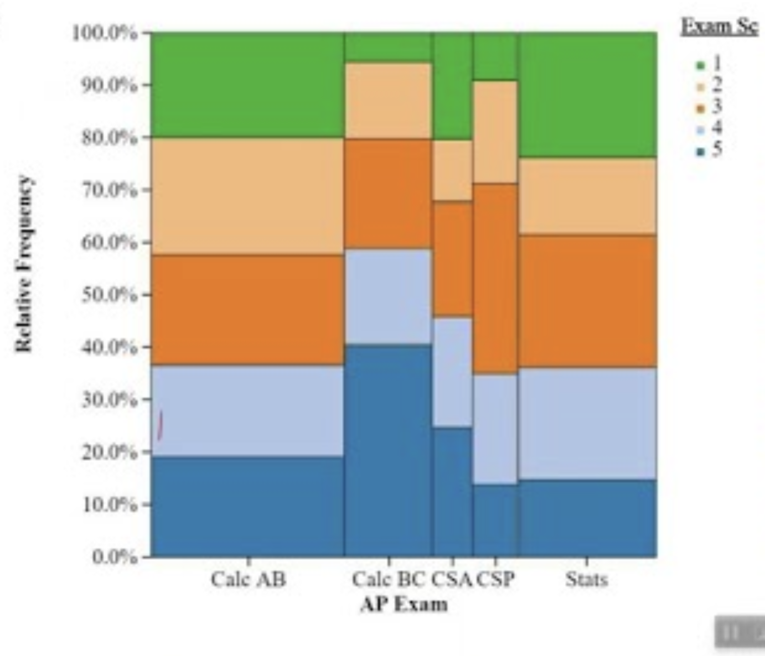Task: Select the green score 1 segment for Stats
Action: (587, 95)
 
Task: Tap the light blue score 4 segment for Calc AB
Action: (247, 410)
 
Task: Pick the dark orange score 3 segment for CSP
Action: (495, 278)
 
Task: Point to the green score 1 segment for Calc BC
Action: (388, 46)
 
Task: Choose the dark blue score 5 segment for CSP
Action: (495, 520)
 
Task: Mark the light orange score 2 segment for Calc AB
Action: (247, 196)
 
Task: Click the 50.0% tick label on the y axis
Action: (110, 294)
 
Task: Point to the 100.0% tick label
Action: (105, 33)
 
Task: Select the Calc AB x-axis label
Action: (248, 580)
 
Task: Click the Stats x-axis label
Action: (587, 580)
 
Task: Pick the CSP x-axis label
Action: (495, 580)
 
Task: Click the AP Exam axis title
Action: (404, 604)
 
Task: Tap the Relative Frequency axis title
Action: (24, 263)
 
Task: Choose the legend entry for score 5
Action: (709, 150)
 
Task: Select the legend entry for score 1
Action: (709, 65)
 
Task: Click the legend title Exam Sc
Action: (719, 27)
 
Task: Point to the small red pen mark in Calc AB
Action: (161, 425)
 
